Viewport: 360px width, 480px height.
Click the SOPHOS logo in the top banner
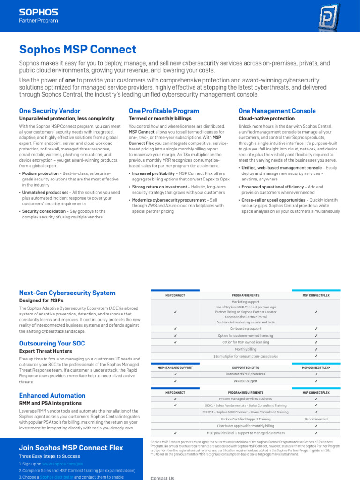tap(38, 12)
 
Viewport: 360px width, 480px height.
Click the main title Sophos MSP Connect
tap(78, 50)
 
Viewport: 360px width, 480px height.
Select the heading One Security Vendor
tap(49, 111)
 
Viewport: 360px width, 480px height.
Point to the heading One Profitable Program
tap(164, 111)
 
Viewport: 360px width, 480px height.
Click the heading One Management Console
tap(277, 111)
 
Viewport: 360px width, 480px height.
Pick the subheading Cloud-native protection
tap(260, 119)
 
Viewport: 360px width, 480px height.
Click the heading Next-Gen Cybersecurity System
tap(67, 293)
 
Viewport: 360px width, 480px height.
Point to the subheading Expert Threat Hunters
tap(45, 351)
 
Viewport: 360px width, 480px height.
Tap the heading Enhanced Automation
tap(52, 396)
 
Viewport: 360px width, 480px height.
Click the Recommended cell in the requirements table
tap(316, 419)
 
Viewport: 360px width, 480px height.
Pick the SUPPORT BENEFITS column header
tap(246, 367)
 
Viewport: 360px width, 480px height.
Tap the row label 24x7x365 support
tap(246, 381)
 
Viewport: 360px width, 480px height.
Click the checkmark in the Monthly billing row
tap(316, 349)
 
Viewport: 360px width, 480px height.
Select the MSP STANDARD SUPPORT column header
tap(175, 367)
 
